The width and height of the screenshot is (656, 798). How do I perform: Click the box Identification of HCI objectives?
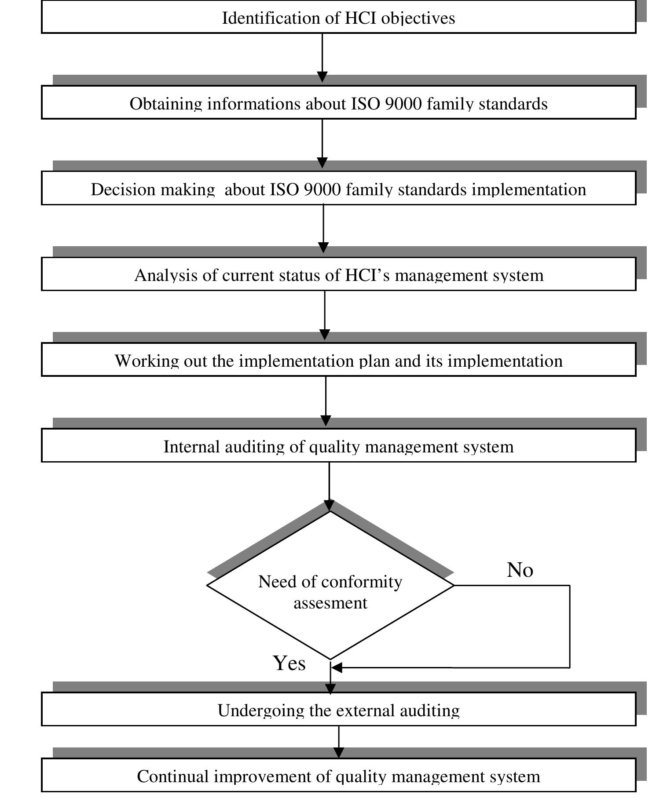(338, 18)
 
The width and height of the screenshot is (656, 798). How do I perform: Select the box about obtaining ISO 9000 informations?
(338, 103)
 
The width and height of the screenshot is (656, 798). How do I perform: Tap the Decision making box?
(338, 189)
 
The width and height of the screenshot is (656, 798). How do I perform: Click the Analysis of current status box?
(338, 274)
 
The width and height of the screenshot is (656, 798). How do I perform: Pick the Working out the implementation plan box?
(338, 360)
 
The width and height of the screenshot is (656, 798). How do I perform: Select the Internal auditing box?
(338, 446)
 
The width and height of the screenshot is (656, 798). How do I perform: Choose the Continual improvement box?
(338, 776)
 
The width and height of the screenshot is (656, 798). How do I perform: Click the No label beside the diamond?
(520, 570)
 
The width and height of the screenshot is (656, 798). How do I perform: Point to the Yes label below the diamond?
(289, 663)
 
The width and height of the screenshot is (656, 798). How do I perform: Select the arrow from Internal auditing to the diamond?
(329, 484)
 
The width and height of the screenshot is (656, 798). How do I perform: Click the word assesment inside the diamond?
(330, 603)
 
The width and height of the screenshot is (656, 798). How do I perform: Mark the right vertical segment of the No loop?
(570, 627)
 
